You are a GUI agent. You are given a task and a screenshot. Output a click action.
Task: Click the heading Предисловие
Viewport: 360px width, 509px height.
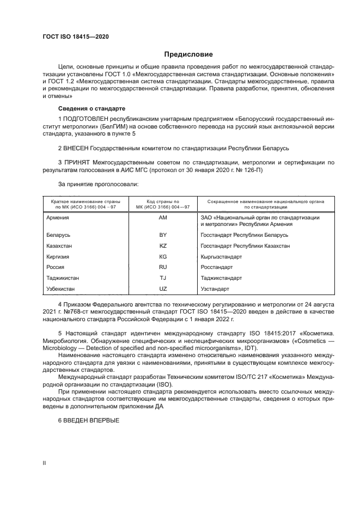click(x=188, y=54)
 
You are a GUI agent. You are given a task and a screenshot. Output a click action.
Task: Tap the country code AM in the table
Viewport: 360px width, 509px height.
click(x=162, y=218)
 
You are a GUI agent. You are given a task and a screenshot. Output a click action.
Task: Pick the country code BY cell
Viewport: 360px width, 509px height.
click(x=162, y=235)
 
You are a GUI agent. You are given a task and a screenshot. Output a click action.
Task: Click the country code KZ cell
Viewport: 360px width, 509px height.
click(x=162, y=246)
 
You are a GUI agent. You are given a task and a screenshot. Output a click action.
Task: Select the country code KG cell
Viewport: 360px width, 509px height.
click(x=162, y=256)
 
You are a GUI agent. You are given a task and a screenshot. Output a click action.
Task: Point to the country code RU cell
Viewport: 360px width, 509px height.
click(x=162, y=267)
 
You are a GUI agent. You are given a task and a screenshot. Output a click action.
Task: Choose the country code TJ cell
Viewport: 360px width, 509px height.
click(x=162, y=278)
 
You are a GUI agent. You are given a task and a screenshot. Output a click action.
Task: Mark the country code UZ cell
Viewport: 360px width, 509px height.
click(x=162, y=289)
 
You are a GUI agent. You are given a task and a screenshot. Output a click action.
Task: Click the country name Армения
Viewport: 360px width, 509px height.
click(x=58, y=218)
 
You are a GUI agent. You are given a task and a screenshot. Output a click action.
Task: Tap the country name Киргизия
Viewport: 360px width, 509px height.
click(x=59, y=256)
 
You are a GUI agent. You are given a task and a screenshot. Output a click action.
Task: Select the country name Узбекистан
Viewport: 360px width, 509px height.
click(x=61, y=289)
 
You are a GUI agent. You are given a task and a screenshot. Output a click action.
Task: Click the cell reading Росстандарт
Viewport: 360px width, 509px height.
click(x=217, y=267)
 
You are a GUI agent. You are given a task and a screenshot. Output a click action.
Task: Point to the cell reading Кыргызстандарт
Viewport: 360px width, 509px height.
click(x=221, y=256)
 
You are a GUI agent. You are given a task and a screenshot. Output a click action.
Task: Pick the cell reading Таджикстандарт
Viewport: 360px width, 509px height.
click(x=221, y=278)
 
